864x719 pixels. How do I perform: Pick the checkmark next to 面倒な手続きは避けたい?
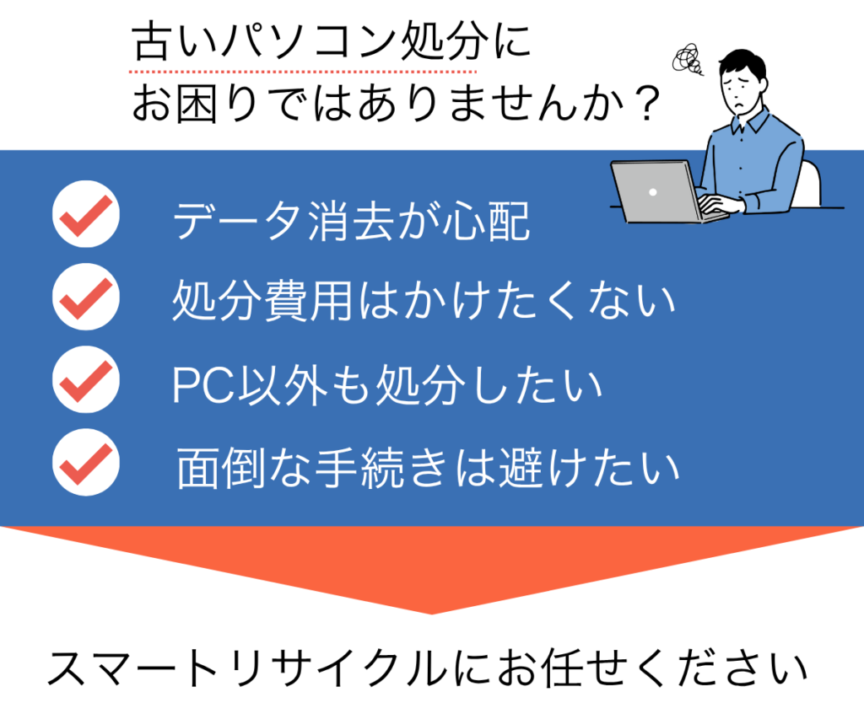(x=86, y=463)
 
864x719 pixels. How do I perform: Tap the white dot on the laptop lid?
(x=653, y=192)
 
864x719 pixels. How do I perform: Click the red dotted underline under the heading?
(x=303, y=72)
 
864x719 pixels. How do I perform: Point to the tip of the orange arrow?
(x=432, y=614)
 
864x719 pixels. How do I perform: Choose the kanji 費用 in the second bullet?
(x=308, y=301)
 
